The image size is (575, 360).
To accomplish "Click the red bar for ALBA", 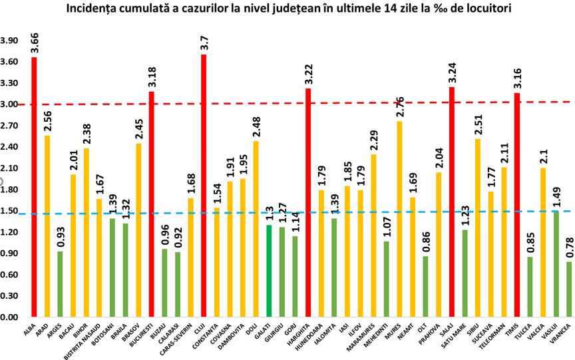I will coord(34,187).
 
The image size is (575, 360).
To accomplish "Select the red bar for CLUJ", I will coord(204,186).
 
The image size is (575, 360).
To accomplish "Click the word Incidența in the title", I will coord(110,9).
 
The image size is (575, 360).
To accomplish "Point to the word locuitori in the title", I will coord(492,9).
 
